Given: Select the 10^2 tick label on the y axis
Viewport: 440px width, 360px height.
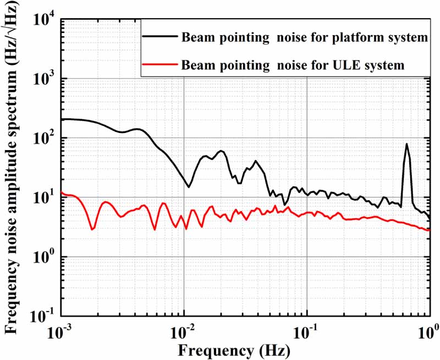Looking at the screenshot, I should pyautogui.click(x=44, y=139).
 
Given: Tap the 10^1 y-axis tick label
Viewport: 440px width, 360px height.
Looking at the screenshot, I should pyautogui.click(x=44, y=198).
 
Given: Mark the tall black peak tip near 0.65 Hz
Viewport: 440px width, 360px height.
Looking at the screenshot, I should pyautogui.click(x=406, y=144).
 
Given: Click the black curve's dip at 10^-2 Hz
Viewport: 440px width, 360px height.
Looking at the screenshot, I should pyautogui.click(x=189, y=187).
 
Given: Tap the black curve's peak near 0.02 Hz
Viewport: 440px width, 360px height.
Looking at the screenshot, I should pyautogui.click(x=221, y=150).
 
